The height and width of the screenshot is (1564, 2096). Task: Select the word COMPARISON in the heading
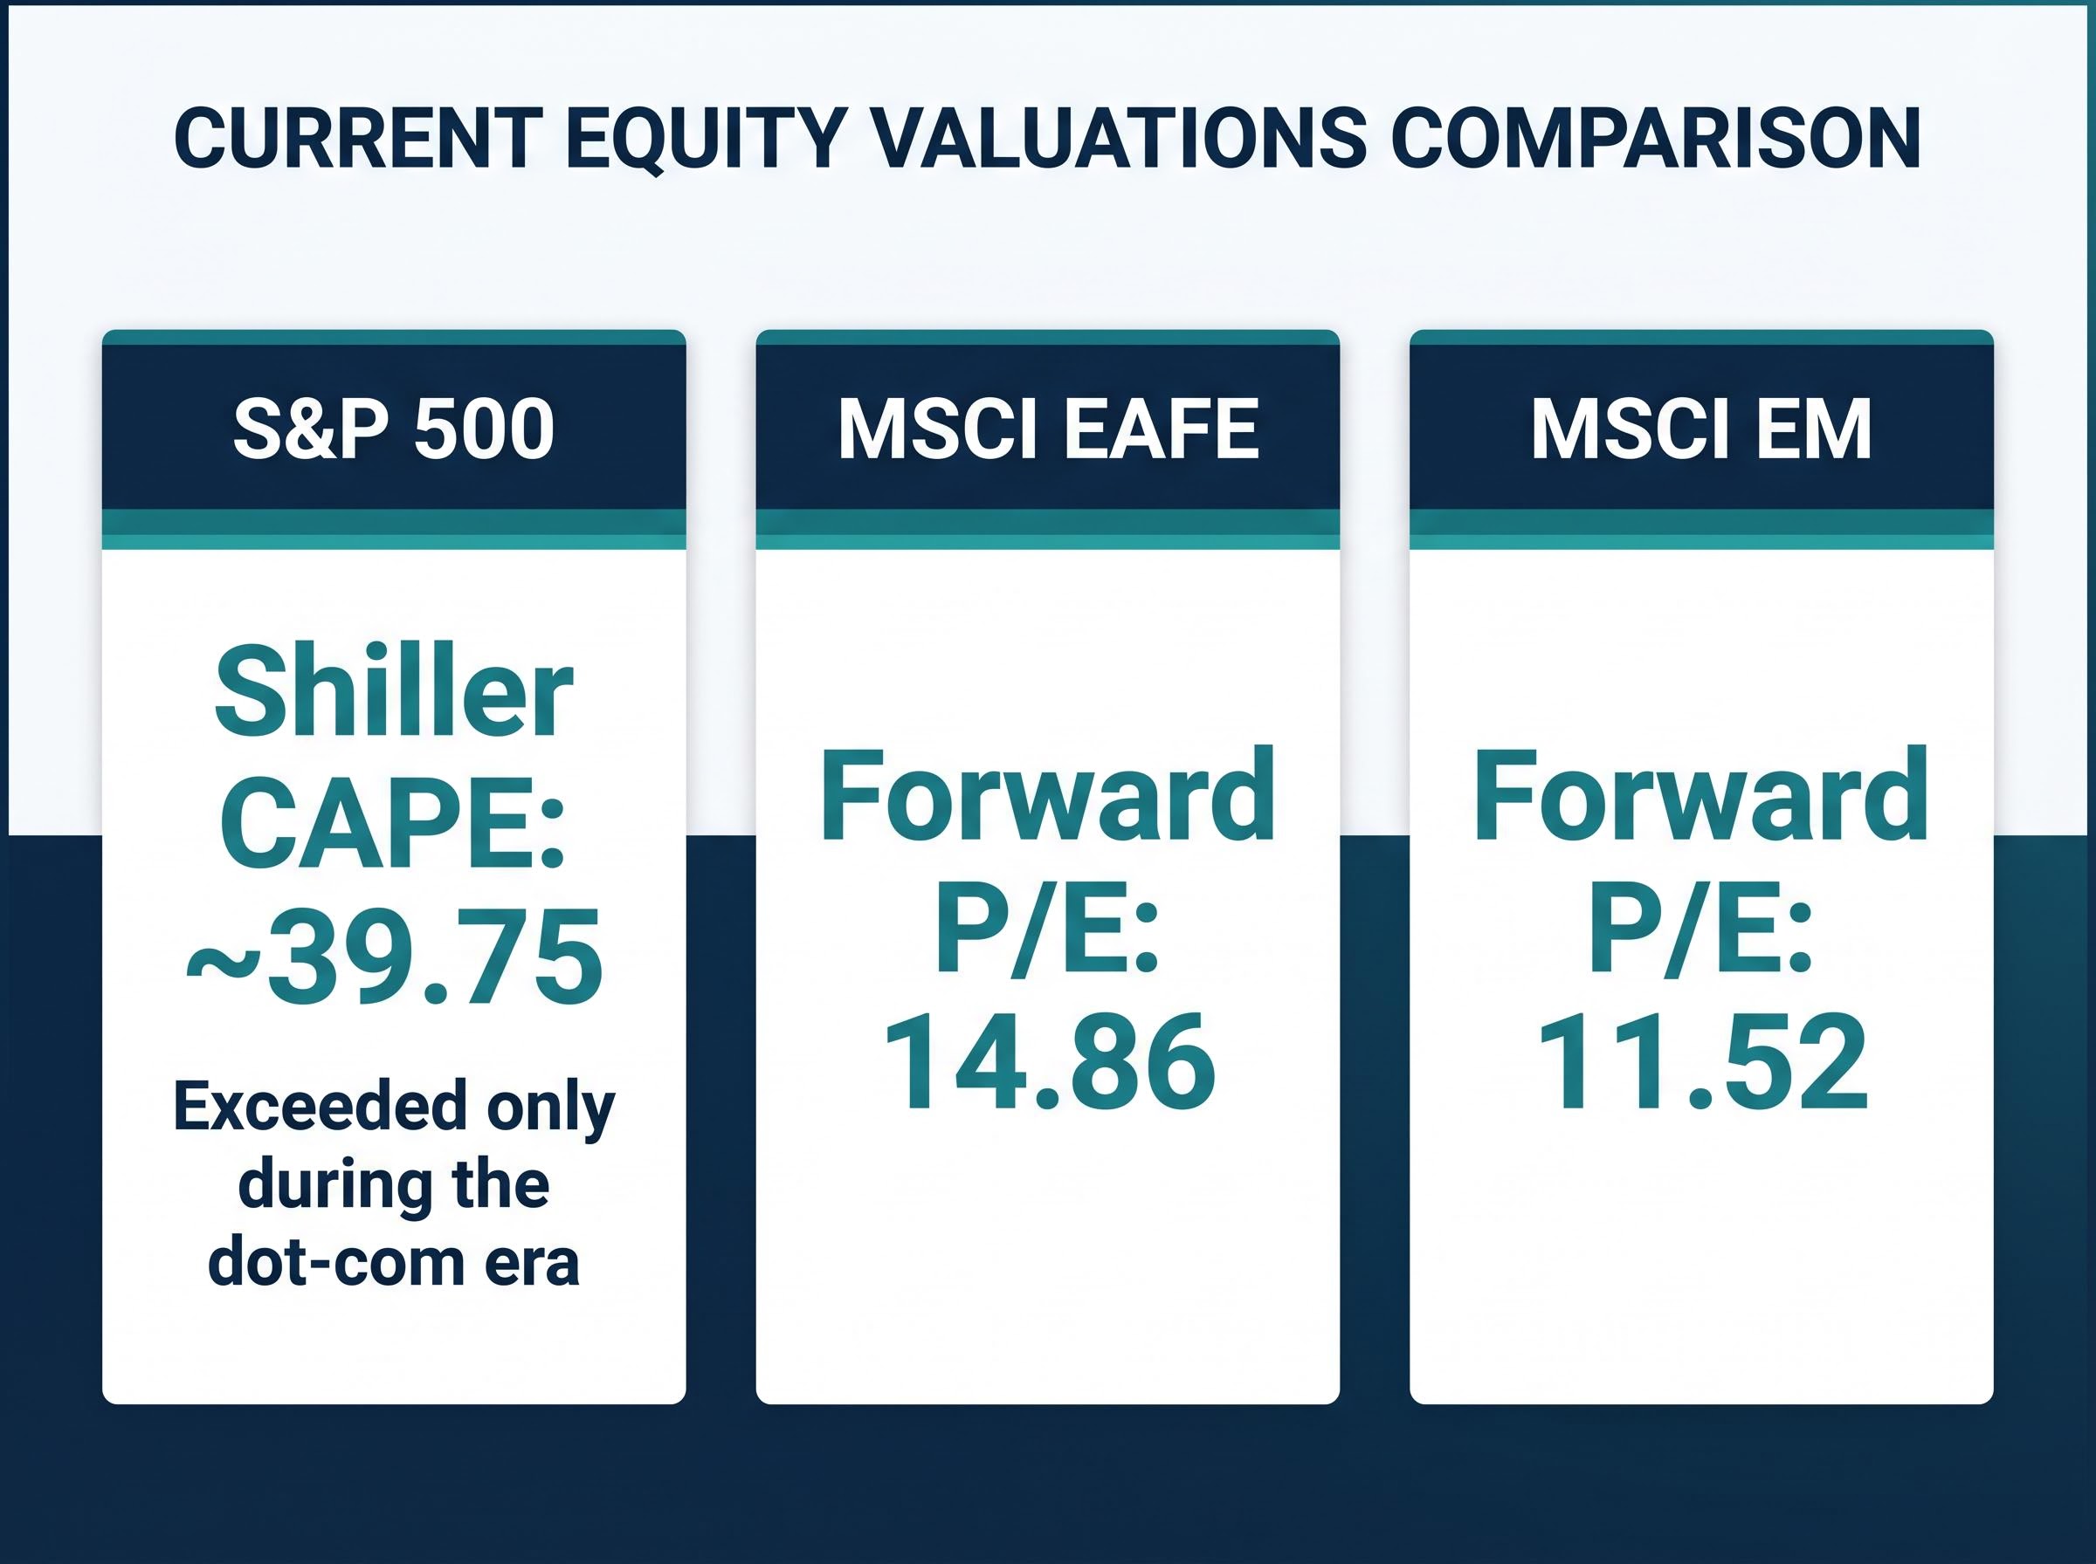point(1657,139)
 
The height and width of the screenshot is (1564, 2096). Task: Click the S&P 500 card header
point(394,429)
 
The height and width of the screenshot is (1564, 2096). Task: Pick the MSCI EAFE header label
point(1047,429)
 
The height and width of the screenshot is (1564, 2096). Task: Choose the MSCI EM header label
point(1701,429)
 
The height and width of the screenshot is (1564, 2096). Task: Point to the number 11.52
point(1702,1063)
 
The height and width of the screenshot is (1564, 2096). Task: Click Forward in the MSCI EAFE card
point(1047,795)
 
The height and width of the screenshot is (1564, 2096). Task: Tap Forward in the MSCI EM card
point(1701,795)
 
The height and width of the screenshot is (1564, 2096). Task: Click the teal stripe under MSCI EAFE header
point(1047,529)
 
